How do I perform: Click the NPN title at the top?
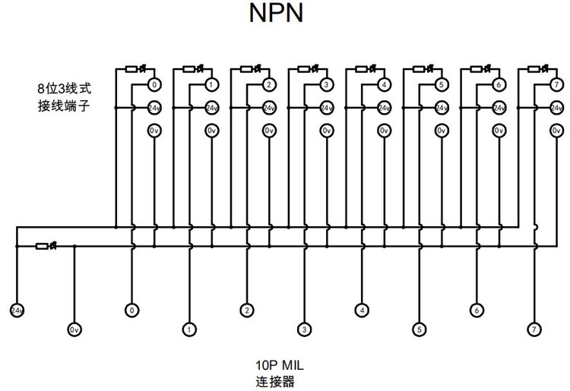point(276,13)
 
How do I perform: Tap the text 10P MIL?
point(279,365)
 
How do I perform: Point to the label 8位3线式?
point(65,89)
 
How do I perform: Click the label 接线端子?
point(64,106)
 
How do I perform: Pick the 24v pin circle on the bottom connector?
point(17,311)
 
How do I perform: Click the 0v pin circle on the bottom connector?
point(74,330)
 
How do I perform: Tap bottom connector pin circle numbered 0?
point(132,311)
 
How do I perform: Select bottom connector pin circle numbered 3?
point(304,330)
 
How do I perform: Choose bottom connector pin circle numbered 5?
point(419,330)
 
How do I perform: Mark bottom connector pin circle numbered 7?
point(534,330)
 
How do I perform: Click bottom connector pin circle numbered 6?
point(477,311)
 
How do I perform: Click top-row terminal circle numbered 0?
point(154,85)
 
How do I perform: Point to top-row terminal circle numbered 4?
point(385,85)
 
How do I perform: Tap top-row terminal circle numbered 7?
point(556,85)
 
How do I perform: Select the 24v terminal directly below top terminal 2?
point(269,108)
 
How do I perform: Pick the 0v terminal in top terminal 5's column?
point(442,131)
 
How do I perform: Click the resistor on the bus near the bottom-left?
point(42,247)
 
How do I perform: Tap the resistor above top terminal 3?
point(303,69)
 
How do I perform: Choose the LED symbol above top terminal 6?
point(488,68)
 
